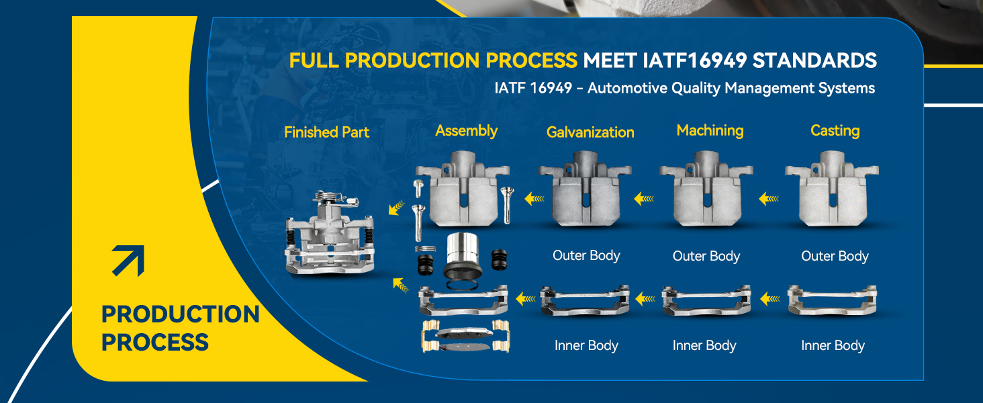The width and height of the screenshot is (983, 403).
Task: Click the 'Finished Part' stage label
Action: (326, 132)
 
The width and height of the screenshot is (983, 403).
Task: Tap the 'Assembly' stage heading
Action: (466, 131)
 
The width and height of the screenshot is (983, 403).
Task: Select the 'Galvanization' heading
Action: (590, 132)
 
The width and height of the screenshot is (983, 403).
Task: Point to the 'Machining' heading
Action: (710, 130)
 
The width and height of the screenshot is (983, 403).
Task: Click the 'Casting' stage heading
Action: (835, 131)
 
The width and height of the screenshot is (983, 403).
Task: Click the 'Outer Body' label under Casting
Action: (835, 256)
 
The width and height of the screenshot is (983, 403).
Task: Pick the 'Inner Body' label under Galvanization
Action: (586, 345)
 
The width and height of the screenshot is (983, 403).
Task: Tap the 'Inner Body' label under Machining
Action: (704, 345)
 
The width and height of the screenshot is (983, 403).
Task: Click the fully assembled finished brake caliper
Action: (329, 232)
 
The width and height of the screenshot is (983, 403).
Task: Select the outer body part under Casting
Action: (832, 189)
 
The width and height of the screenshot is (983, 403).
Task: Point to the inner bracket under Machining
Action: (706, 300)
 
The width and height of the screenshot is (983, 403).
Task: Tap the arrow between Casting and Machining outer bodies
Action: (769, 199)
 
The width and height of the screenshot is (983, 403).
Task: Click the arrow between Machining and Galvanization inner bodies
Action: (645, 299)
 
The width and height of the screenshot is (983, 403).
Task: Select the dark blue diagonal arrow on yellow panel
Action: (128, 261)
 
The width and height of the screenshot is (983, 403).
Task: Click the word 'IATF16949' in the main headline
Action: (694, 60)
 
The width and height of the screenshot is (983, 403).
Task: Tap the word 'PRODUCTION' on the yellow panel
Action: (181, 314)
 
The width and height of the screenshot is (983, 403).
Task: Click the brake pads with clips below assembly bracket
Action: (465, 337)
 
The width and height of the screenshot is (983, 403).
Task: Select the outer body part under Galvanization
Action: (585, 189)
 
